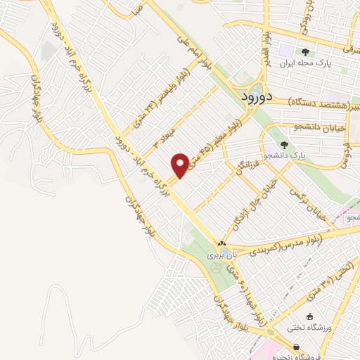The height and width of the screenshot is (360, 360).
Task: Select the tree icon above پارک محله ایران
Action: pyautogui.click(x=304, y=52)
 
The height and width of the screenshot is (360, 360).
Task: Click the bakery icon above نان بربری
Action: pyautogui.click(x=222, y=245)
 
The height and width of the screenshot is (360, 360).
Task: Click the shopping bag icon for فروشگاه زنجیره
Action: pyautogui.click(x=297, y=347)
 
